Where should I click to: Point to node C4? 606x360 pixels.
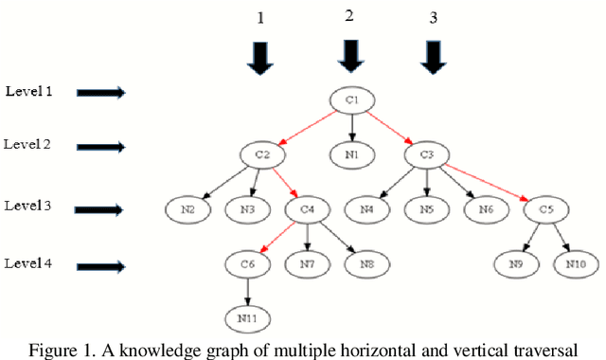tap(307, 207)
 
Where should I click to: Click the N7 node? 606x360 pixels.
tap(307, 262)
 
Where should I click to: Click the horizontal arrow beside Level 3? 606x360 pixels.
tap(100, 209)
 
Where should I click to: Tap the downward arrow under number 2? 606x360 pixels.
tap(351, 56)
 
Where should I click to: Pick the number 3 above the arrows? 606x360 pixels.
tap(434, 18)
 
